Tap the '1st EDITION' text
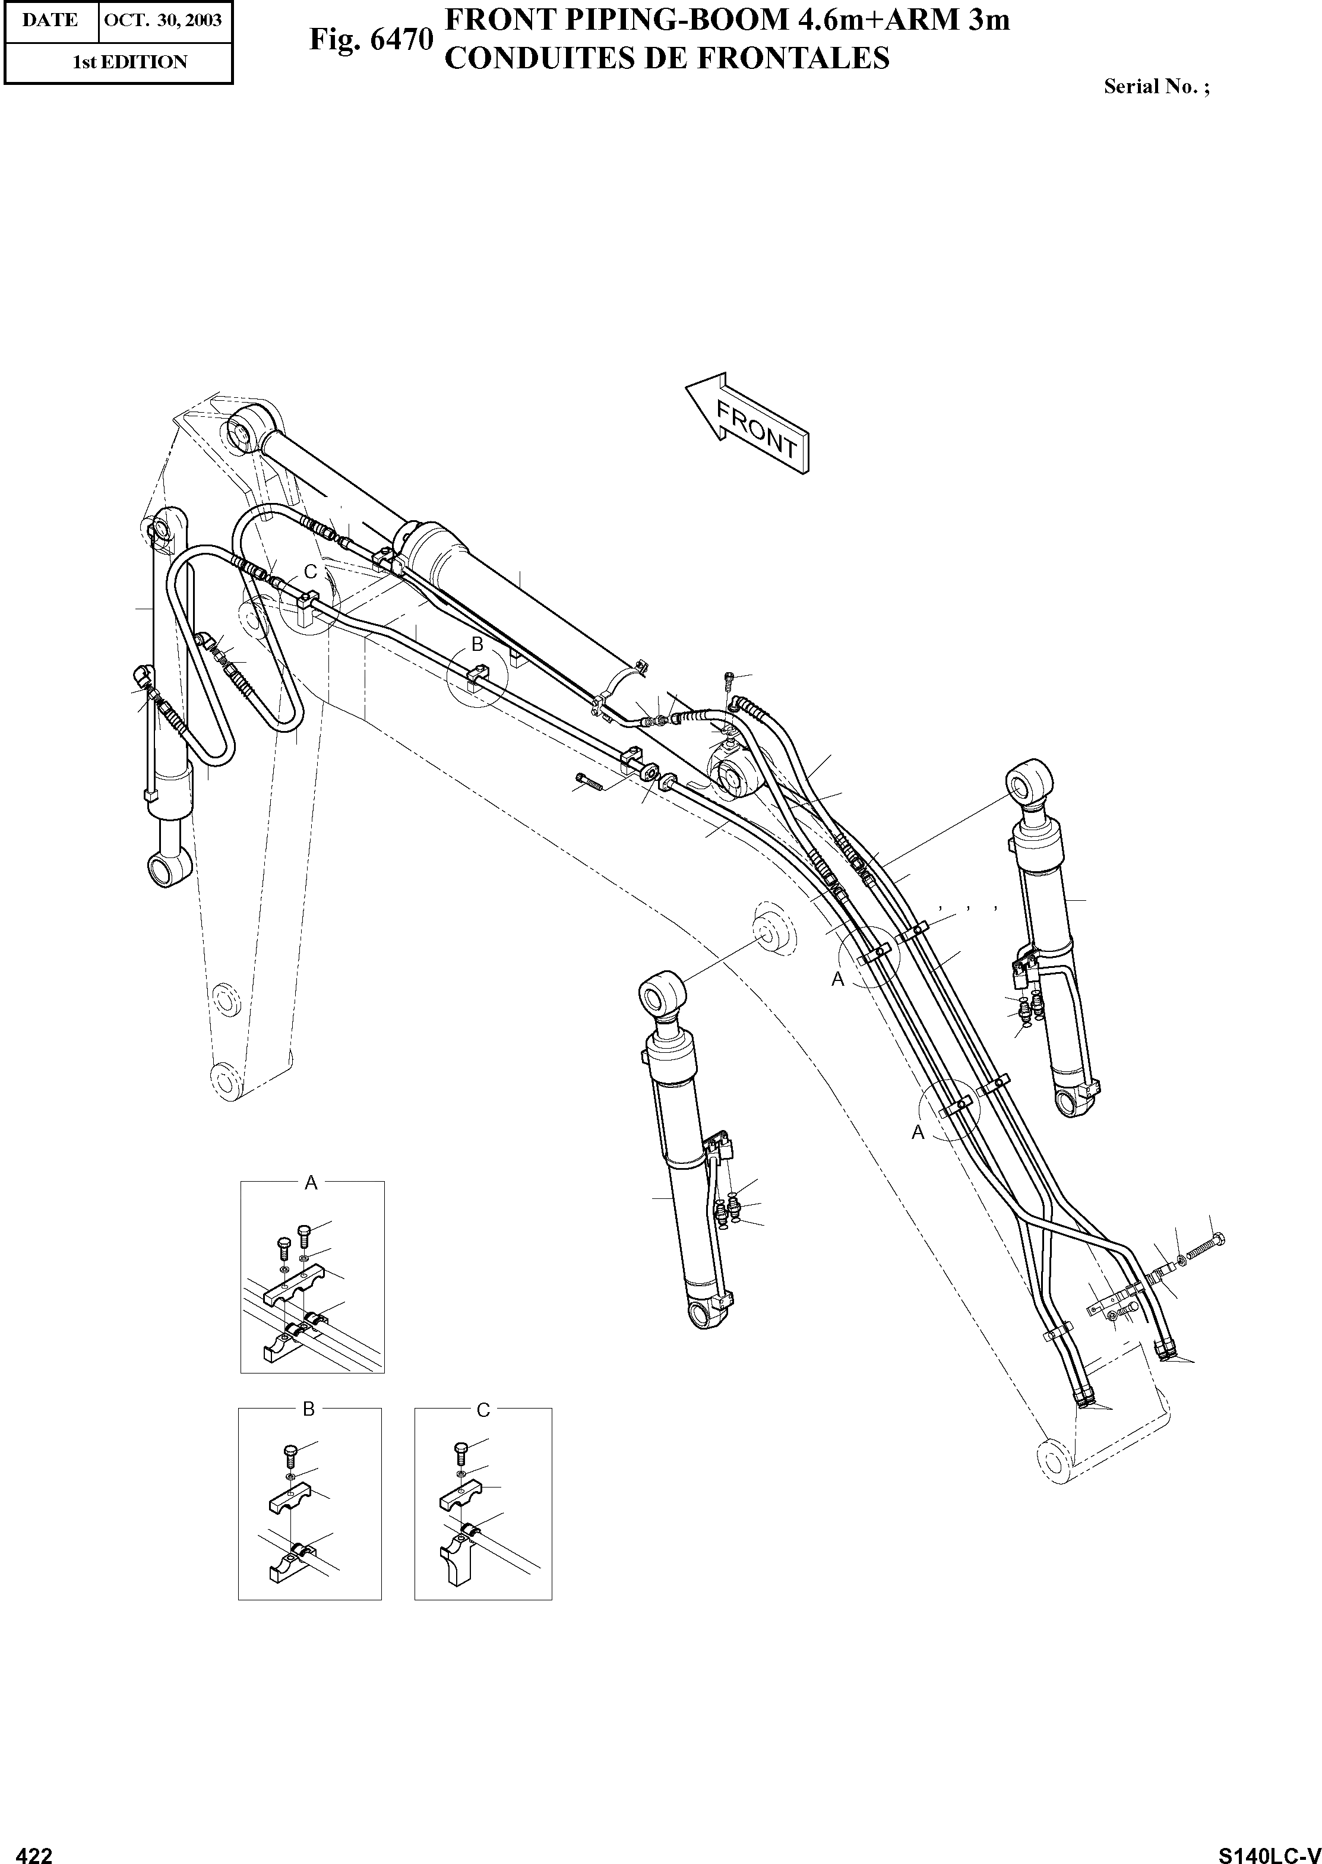point(130,62)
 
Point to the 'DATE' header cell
point(50,20)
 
